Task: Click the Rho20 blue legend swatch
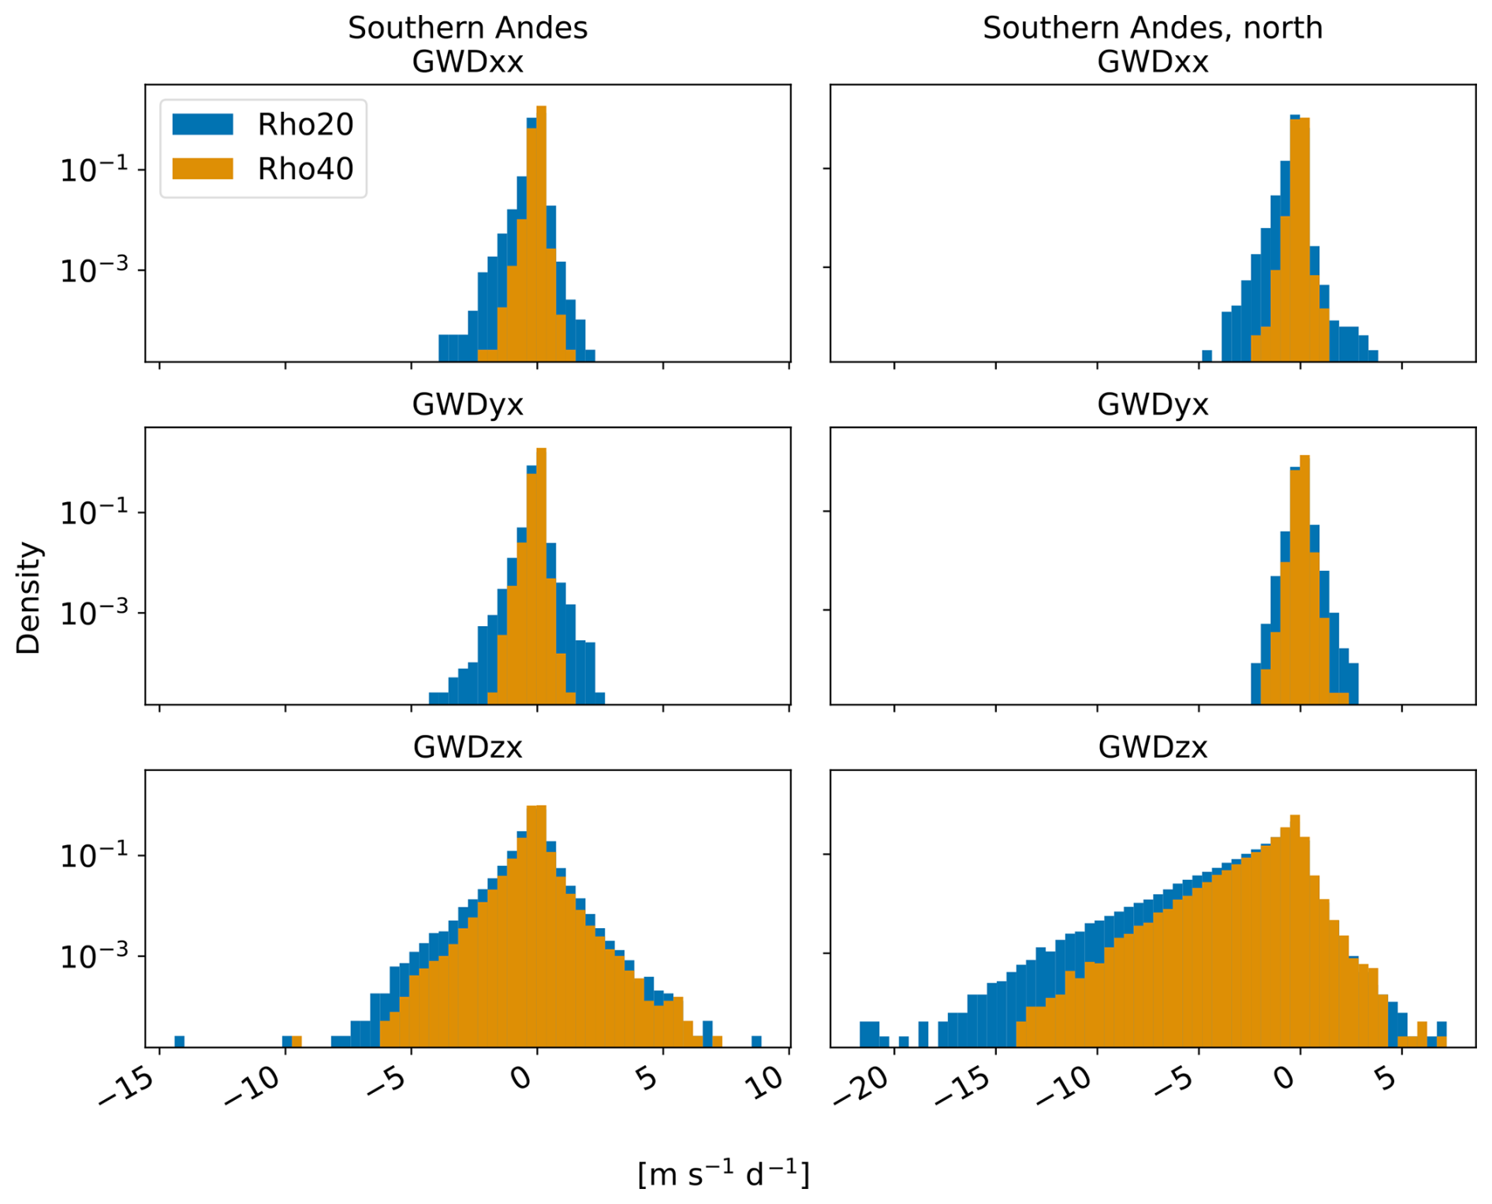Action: [203, 124]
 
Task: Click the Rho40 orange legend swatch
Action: [203, 169]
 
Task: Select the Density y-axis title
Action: [28, 598]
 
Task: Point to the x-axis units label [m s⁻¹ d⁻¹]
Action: [723, 1173]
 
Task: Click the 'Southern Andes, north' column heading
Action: [1152, 28]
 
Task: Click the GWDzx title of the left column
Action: [468, 747]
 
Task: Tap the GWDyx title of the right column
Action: [1152, 404]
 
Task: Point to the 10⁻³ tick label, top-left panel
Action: [94, 270]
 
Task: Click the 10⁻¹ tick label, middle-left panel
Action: [94, 513]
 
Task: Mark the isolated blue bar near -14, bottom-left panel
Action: [179, 1041]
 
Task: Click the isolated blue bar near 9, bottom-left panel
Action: [756, 1041]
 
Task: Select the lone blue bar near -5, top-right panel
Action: [1207, 356]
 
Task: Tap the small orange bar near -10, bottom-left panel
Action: [297, 1041]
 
